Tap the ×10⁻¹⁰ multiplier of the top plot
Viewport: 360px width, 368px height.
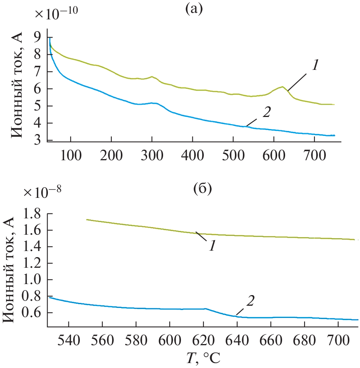pyautogui.click(x=57, y=14)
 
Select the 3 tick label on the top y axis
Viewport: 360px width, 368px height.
pyautogui.click(x=38, y=141)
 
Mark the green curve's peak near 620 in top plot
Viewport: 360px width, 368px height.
pyautogui.click(x=282, y=87)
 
